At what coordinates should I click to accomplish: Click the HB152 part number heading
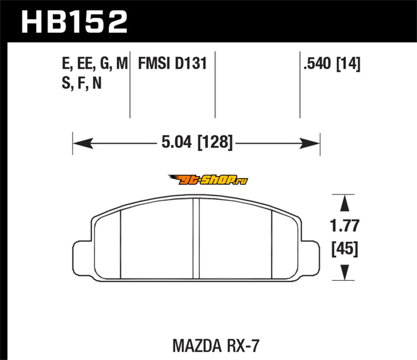click(x=74, y=21)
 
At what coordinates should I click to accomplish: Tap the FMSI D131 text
click(x=173, y=64)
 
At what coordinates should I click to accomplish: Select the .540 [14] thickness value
click(x=332, y=64)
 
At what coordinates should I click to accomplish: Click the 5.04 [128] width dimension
click(x=197, y=142)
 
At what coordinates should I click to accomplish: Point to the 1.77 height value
click(x=345, y=226)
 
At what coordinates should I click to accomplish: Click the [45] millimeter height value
click(x=345, y=249)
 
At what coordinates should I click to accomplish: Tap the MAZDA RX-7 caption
click(x=216, y=346)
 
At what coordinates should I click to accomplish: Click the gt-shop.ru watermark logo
click(x=208, y=180)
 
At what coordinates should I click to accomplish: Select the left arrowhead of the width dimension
click(x=83, y=143)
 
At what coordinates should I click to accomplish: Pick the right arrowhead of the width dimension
click(x=310, y=143)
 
